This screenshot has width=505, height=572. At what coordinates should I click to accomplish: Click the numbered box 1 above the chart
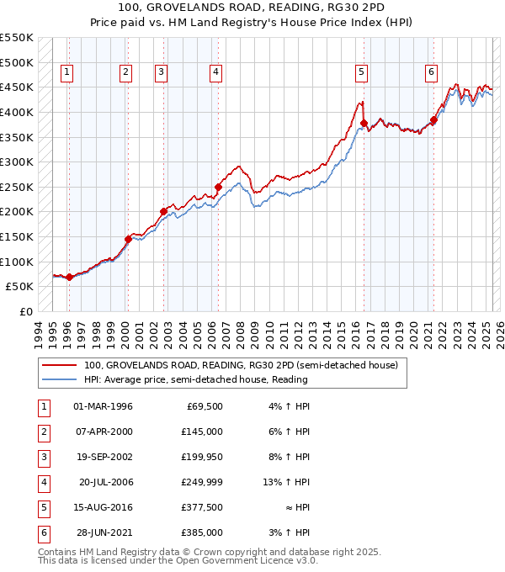pos(66,73)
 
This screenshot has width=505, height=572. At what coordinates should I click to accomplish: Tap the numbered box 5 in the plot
pos(361,73)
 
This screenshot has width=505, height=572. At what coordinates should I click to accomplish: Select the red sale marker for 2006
pos(218,187)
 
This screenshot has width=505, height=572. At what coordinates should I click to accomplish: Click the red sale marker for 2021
pos(434,119)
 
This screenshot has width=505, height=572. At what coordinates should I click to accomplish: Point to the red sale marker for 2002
pos(164,211)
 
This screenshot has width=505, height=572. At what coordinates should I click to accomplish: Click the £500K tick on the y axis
pos(17,62)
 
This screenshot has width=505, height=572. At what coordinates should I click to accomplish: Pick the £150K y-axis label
pos(17,236)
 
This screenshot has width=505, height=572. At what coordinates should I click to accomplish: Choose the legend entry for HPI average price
pos(195,379)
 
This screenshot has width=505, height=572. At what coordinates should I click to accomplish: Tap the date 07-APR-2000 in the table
pos(103,432)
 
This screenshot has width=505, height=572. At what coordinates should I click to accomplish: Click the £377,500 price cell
pos(202,507)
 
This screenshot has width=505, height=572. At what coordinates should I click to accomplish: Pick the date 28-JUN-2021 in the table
pos(103,532)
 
